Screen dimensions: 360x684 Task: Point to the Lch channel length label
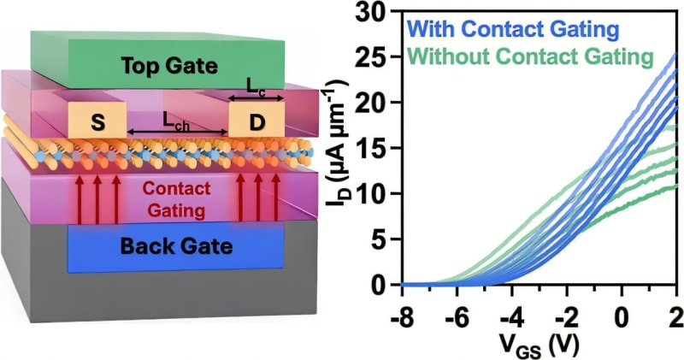click(x=179, y=121)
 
